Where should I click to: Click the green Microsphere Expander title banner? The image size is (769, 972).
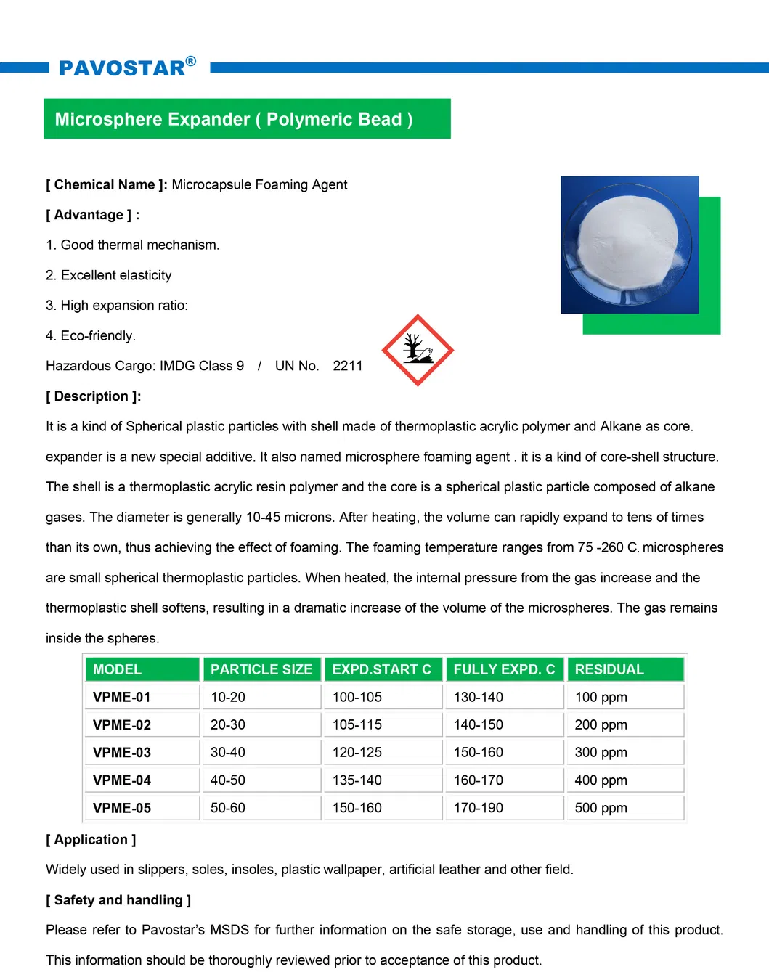click(247, 119)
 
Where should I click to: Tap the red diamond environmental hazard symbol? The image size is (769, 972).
click(418, 351)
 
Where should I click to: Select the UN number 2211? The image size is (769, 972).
click(347, 366)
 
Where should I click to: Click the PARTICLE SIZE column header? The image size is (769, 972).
click(261, 669)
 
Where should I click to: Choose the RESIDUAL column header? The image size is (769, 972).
click(609, 669)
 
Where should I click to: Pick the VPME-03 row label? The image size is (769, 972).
click(122, 753)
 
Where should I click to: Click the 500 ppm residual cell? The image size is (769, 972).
click(601, 808)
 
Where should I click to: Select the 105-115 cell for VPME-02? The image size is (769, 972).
click(357, 725)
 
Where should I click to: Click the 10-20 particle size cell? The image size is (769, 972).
click(228, 698)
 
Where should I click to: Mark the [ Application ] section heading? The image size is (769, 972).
click(91, 840)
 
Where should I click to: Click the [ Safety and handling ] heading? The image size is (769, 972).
click(118, 900)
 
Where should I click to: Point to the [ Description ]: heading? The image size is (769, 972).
click(94, 396)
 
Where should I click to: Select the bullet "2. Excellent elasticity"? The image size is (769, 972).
click(109, 275)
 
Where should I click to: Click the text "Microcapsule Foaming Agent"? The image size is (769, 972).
click(259, 185)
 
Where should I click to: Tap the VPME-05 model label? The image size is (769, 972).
click(122, 808)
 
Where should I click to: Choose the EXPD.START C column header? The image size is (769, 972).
click(381, 669)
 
